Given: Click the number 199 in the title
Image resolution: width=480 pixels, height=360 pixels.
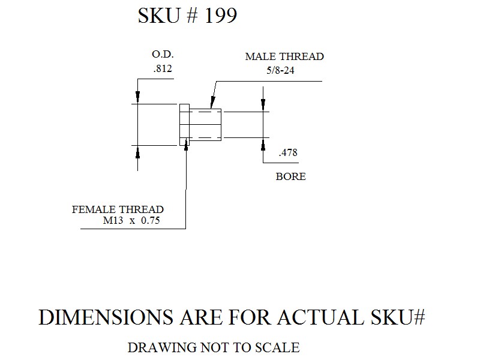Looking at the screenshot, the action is click(220, 16).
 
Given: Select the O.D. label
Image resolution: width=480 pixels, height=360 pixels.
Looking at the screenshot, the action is click(163, 55).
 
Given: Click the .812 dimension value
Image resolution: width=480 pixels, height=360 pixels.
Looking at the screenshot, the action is click(163, 68).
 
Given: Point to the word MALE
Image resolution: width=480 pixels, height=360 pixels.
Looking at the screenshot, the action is click(261, 56).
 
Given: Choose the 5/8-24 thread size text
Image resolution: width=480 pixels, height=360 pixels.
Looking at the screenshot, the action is click(280, 70).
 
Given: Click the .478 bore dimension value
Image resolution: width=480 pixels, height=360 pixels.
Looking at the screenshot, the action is click(288, 152).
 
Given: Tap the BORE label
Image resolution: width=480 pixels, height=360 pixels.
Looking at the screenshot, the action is click(291, 176).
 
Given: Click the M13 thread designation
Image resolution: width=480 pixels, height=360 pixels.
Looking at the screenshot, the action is click(113, 220).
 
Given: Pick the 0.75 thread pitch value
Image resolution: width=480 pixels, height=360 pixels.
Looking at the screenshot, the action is click(151, 220).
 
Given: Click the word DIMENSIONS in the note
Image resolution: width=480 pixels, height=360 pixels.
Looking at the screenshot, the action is click(106, 317).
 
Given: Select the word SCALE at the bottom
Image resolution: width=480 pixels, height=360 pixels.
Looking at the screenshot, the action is click(277, 348).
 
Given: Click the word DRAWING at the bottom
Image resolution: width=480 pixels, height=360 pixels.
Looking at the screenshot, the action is click(162, 348).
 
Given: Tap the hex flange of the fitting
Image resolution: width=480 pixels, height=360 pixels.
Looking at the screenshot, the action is click(184, 125).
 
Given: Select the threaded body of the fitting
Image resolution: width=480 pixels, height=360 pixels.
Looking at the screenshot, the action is click(205, 125).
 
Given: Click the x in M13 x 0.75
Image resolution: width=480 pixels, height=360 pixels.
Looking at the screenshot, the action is click(132, 221).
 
